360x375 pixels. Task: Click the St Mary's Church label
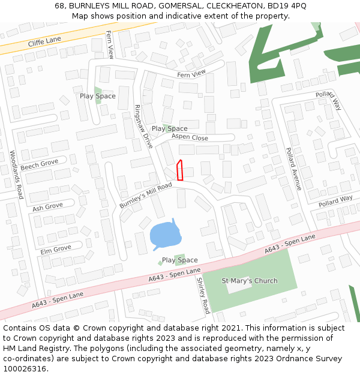[x=250, y=281]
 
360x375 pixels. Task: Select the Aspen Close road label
[x=190, y=137]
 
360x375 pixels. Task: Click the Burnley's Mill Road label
[x=145, y=196]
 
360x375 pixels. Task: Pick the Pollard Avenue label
[x=293, y=169]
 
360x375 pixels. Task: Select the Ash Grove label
[x=47, y=207]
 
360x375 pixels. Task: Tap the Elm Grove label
[x=55, y=249]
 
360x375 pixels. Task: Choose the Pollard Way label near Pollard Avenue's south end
[x=335, y=200]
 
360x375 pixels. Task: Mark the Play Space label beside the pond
[x=179, y=260]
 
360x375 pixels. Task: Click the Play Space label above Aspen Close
[x=169, y=128]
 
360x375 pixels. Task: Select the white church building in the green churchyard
[x=241, y=286]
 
